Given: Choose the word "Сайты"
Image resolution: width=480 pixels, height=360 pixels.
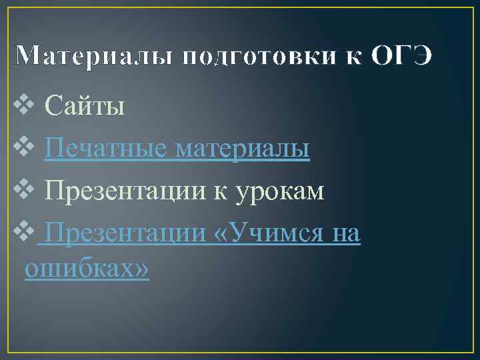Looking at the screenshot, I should coord(85,106).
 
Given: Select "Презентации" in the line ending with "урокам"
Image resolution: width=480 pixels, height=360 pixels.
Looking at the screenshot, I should coord(125,192).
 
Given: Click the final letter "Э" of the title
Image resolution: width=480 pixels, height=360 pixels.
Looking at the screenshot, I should coord(421,57).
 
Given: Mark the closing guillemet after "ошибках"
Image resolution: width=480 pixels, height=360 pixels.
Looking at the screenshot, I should coord(141,269).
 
